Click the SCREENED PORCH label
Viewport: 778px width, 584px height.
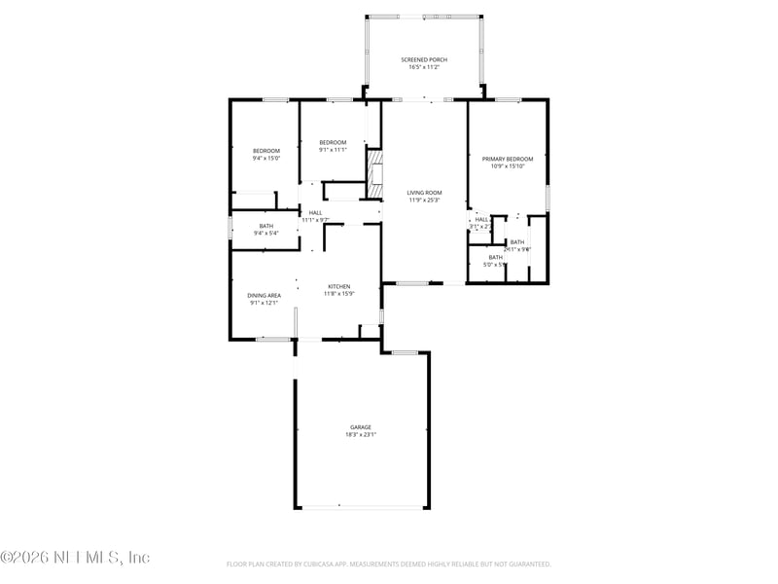coord(423,59)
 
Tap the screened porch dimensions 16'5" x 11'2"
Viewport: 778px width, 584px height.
coord(423,67)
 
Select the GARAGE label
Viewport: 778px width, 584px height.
coord(361,427)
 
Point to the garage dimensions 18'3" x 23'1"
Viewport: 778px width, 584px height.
coord(361,435)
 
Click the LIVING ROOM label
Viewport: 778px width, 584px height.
coord(424,193)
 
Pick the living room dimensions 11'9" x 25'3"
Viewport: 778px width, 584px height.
coord(424,201)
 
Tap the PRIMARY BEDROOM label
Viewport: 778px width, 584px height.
coord(508,159)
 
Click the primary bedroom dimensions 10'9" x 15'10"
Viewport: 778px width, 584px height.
coord(508,166)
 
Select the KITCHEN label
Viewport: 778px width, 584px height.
coord(337,286)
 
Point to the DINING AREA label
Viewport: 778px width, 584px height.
coord(265,295)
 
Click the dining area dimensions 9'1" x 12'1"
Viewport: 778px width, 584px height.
coord(265,303)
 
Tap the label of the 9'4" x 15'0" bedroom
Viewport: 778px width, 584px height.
coord(266,150)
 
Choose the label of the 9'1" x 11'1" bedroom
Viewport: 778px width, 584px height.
coord(333,142)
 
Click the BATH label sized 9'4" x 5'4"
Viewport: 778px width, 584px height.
coord(265,226)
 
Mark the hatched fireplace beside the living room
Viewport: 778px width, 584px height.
coord(375,173)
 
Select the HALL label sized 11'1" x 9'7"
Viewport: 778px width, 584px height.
coord(315,212)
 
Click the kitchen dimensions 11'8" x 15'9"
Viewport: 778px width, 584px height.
coord(337,294)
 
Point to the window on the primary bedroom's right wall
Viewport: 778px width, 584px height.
coord(548,196)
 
